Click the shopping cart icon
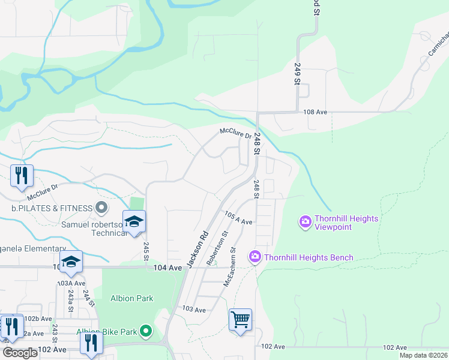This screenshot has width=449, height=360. click(240, 320)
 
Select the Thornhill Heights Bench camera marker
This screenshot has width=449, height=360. click(255, 257)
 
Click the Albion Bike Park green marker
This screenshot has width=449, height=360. click(145, 331)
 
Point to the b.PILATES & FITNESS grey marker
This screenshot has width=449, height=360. click(101, 208)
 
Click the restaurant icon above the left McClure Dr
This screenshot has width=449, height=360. click(22, 176)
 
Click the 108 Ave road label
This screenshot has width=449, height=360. click(315, 112)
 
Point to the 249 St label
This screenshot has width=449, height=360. click(297, 73)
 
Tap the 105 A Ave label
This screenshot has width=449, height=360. click(238, 218)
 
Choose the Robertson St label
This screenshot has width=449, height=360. click(217, 248)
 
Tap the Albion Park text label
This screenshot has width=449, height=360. click(131, 298)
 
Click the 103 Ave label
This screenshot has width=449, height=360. click(194, 310)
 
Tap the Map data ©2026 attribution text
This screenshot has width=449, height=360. click(423, 355)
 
